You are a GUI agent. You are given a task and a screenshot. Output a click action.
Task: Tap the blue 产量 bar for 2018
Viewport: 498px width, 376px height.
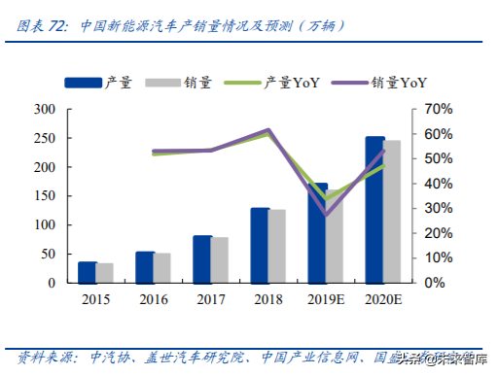260,245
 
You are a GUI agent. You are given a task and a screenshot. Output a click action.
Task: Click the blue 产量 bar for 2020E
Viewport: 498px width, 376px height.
374,210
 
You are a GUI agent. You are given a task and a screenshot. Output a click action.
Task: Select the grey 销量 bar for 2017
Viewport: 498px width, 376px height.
220,259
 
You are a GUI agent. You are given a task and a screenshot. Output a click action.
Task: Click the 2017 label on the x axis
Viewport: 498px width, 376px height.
211,298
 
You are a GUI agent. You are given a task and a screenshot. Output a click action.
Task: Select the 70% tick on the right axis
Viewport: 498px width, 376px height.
434,109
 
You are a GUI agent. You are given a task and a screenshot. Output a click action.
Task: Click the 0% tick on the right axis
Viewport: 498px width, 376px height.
434,283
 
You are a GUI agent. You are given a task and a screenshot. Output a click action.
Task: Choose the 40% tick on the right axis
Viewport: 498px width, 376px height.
434,184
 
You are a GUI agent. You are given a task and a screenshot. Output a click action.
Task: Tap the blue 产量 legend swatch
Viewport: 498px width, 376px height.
81,84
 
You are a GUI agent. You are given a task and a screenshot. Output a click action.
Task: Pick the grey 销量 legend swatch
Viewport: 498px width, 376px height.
160,84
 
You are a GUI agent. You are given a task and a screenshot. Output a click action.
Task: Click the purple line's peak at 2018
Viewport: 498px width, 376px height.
268,130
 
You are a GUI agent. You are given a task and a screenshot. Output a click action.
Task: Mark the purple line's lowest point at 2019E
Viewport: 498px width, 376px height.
326,213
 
